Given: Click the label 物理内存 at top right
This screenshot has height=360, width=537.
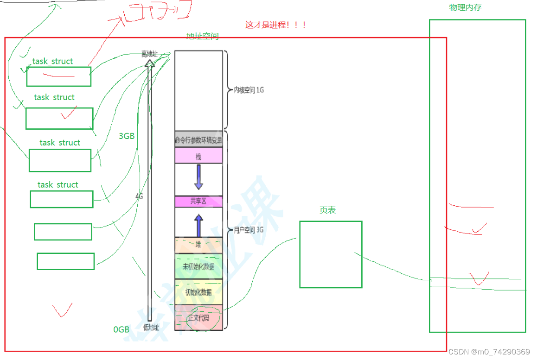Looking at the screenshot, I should [x=465, y=7].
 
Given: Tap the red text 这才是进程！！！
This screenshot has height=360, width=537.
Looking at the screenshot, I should [x=275, y=25].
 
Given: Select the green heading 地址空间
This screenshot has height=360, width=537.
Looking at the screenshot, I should [x=202, y=36].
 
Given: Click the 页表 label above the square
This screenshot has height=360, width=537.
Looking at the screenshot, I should [x=327, y=210].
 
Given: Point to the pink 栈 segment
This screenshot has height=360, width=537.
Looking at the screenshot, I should [x=198, y=156].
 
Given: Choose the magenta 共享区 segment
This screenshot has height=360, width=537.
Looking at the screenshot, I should [x=198, y=202].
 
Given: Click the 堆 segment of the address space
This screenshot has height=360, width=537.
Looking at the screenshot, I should [x=198, y=245].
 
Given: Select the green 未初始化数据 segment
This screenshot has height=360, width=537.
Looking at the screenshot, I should [x=198, y=266].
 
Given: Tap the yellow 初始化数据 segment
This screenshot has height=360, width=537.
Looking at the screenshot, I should [x=198, y=292].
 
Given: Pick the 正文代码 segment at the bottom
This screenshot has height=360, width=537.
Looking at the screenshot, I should [x=198, y=318].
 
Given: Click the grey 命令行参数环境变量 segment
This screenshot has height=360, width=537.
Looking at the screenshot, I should [x=198, y=140].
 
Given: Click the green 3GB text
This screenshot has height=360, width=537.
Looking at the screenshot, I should [x=127, y=136].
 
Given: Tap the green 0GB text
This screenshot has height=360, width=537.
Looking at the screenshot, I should [x=121, y=329].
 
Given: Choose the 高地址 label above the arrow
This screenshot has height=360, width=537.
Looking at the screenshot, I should [x=150, y=54].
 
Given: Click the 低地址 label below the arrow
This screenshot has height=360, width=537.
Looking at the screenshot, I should [x=151, y=327].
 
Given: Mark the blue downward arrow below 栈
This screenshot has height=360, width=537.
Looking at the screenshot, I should [x=198, y=177].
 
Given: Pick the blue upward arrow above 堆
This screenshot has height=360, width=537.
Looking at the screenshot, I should [x=198, y=225].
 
